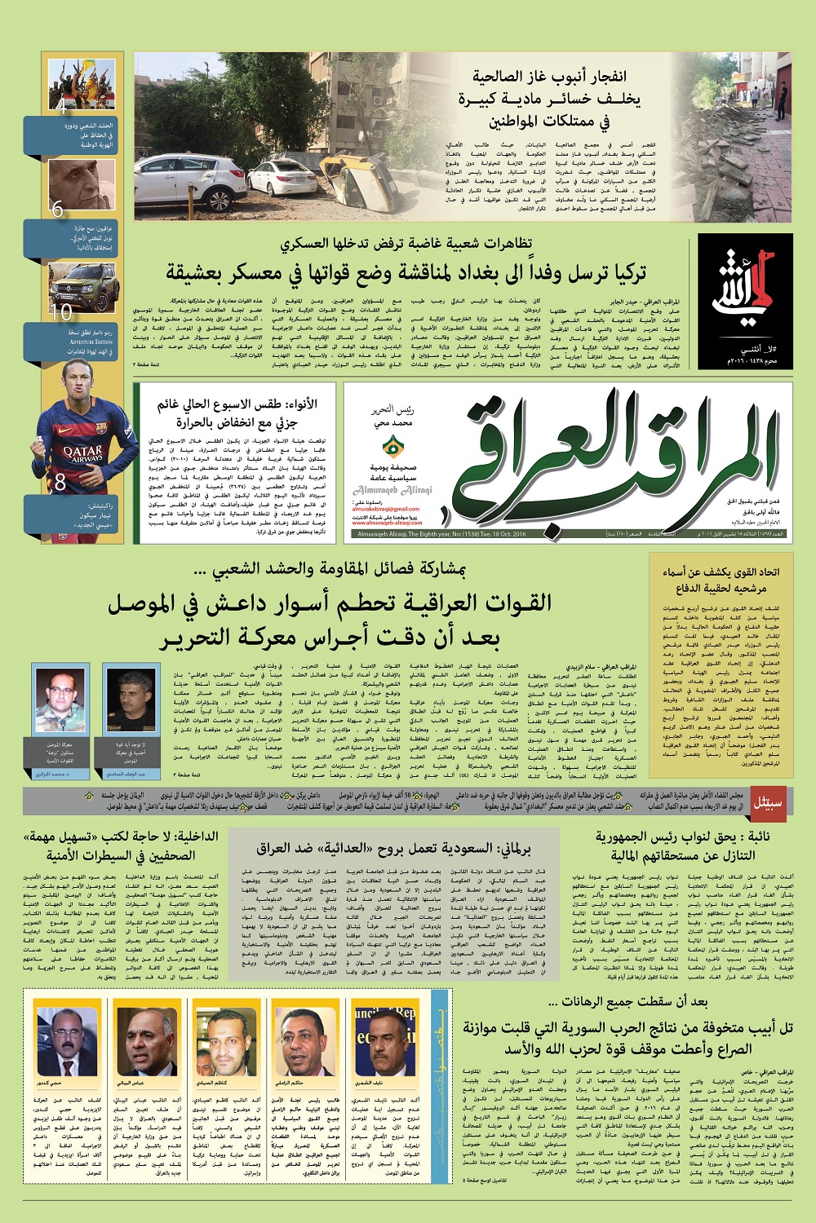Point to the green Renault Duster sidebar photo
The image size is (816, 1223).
[82, 285]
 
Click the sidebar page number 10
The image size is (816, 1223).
[61, 311]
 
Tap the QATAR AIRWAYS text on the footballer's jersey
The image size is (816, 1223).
[82, 454]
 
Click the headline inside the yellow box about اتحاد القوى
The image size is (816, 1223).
[721, 580]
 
